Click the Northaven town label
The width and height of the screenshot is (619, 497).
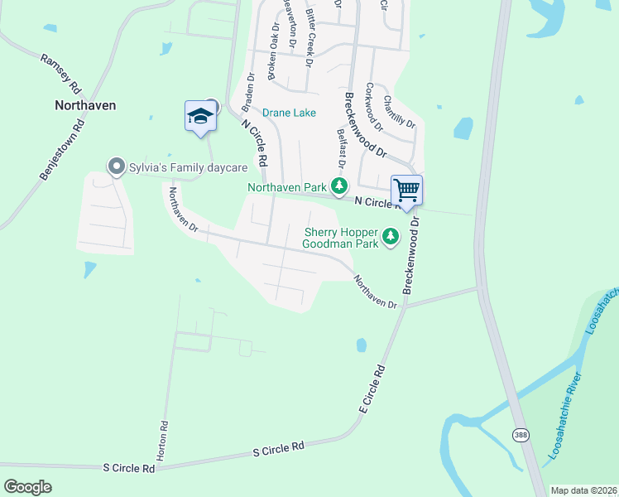tap(85, 105)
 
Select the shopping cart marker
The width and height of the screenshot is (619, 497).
tap(406, 190)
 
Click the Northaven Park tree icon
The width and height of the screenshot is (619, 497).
tap(338, 186)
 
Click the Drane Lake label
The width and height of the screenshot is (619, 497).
tap(289, 113)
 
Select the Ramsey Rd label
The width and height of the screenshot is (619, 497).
tap(61, 73)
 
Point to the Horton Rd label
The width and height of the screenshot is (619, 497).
tap(163, 436)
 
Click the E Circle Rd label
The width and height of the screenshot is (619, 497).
tap(373, 388)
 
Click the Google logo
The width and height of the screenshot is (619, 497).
tap(28, 486)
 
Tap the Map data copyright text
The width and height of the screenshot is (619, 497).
tap(583, 490)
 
